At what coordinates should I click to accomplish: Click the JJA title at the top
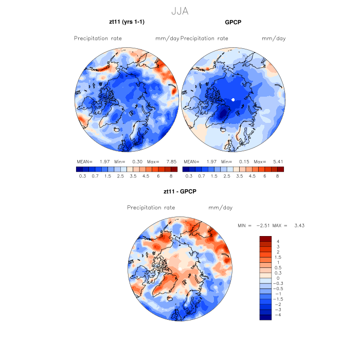(179, 11)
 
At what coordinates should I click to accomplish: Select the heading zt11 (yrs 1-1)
(126, 23)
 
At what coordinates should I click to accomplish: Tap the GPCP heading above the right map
(233, 23)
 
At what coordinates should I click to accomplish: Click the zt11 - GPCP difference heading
(179, 191)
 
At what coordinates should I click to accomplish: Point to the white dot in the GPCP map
(233, 99)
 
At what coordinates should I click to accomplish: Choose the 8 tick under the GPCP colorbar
(278, 176)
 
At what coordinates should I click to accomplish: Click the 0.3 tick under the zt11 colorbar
(82, 176)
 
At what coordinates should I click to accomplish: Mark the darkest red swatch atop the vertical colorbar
(265, 238)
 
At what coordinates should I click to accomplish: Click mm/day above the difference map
(220, 208)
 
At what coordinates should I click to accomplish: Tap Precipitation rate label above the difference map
(151, 208)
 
